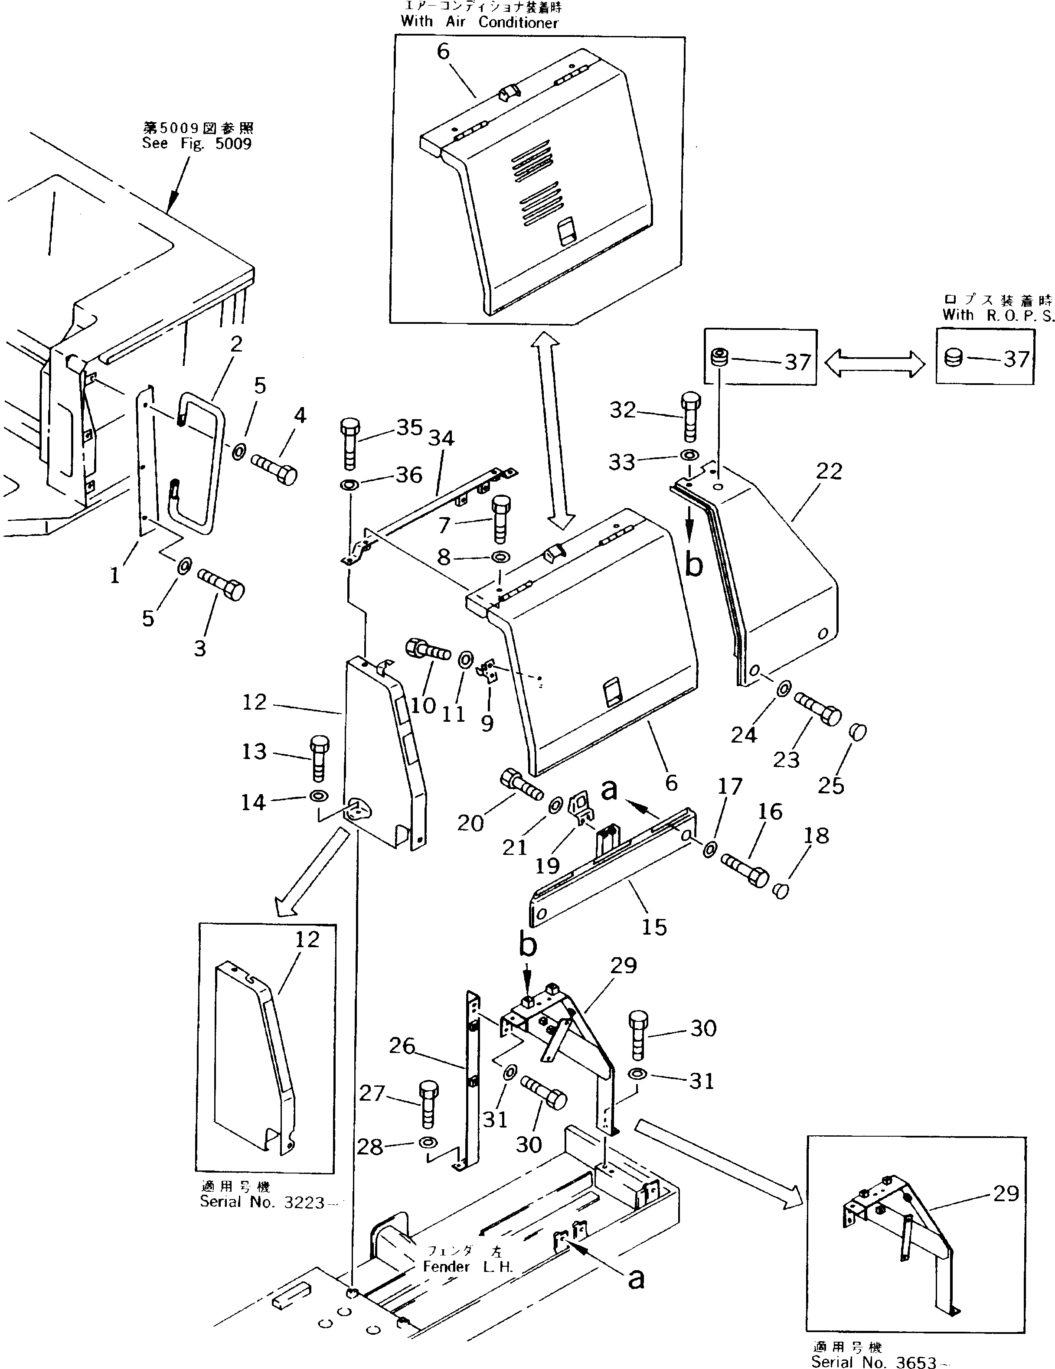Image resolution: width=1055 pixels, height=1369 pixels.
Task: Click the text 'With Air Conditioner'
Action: [x=480, y=22]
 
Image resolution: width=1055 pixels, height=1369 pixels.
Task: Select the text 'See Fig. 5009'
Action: [x=197, y=143]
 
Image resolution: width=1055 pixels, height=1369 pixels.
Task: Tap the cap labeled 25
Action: [x=858, y=731]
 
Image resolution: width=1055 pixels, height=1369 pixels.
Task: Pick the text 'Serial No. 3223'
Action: [x=262, y=1202]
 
